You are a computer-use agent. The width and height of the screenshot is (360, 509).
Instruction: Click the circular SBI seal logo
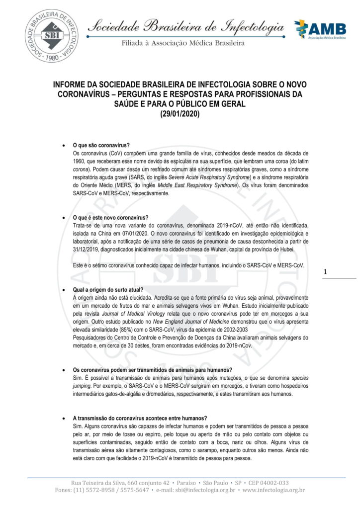51,35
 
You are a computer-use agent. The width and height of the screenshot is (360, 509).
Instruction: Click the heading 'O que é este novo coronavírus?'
110,218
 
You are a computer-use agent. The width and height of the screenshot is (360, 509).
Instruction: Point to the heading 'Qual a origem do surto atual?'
108,289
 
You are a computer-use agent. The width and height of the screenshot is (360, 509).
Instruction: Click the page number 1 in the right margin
325,272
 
